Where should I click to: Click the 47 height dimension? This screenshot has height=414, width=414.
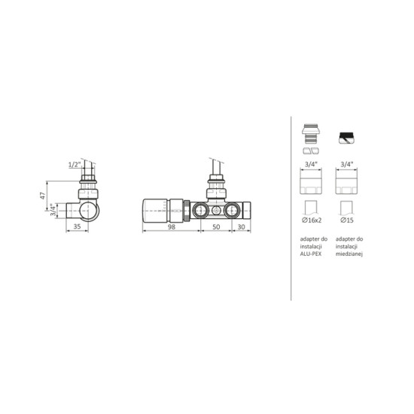pos(42,196)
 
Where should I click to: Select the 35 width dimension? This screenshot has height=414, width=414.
pos(77,227)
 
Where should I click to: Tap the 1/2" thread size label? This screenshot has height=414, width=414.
pos(75,165)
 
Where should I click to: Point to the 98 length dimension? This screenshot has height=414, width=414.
pos(172,227)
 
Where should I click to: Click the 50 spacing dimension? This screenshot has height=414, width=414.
pos(216,227)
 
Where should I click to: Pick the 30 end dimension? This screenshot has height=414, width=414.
pos(242,227)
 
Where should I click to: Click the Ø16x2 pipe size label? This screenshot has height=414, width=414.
pos(312,220)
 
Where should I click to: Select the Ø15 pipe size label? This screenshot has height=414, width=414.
pos(347,220)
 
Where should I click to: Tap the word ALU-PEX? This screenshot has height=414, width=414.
pos(311,254)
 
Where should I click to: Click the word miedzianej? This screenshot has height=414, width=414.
pos(349,254)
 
